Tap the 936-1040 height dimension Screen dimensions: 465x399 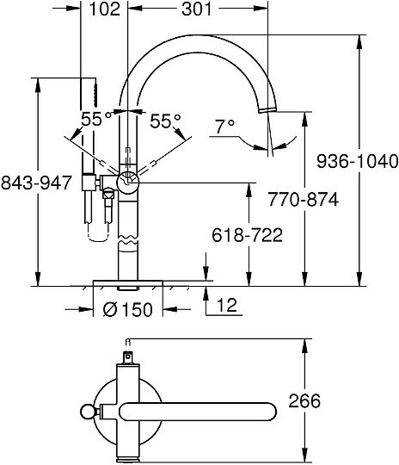pyautogui.click(x=357, y=160)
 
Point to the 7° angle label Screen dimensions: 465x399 pyautogui.click(x=224, y=127)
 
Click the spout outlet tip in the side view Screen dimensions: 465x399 pyautogui.click(x=268, y=108)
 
